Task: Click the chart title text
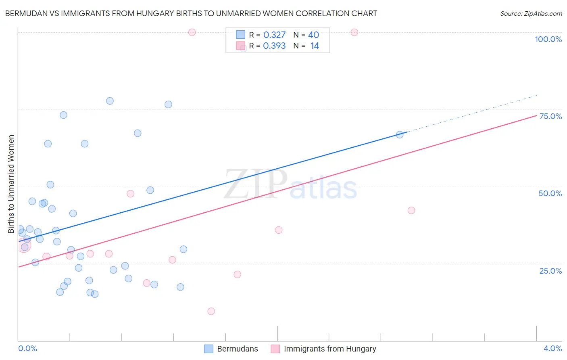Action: point(191,13)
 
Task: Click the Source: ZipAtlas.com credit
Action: point(531,13)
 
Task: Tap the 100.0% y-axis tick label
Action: point(548,39)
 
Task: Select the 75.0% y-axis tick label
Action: point(550,116)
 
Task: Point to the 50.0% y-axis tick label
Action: point(550,193)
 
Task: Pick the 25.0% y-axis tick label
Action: point(550,270)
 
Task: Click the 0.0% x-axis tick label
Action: point(27,348)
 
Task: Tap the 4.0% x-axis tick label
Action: point(552,348)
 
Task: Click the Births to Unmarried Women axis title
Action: point(11,184)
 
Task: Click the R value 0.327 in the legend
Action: point(274,35)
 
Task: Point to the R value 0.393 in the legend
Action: point(274,46)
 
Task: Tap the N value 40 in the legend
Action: point(313,35)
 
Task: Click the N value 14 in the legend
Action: point(315,46)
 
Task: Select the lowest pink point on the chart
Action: point(211,311)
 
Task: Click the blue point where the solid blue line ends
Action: point(400,135)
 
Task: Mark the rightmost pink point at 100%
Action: point(354,32)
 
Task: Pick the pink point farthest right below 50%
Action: point(411,210)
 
